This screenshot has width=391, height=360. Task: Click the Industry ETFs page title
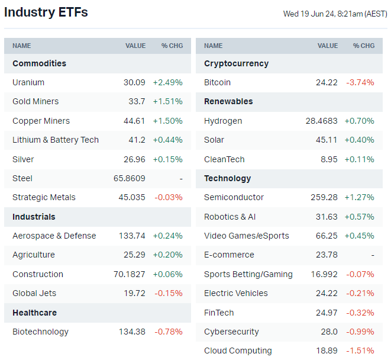click(46, 12)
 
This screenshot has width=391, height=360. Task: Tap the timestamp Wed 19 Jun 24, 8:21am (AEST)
click(335, 14)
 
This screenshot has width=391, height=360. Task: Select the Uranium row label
click(28, 82)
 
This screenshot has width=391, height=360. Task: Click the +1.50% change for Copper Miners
click(167, 121)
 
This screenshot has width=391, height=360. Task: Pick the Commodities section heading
click(39, 63)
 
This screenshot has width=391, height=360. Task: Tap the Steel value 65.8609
click(129, 178)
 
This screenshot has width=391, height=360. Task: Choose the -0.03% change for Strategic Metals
click(169, 197)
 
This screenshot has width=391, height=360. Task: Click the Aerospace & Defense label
click(54, 236)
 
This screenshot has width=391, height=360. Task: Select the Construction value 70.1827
click(129, 274)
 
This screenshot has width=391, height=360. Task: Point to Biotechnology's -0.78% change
click(169, 332)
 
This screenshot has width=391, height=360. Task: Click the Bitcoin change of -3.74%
click(360, 82)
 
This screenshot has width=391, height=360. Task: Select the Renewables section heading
click(228, 101)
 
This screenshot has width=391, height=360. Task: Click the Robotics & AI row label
click(230, 217)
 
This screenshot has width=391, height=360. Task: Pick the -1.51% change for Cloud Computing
click(360, 351)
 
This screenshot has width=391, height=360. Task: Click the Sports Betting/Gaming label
click(248, 274)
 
